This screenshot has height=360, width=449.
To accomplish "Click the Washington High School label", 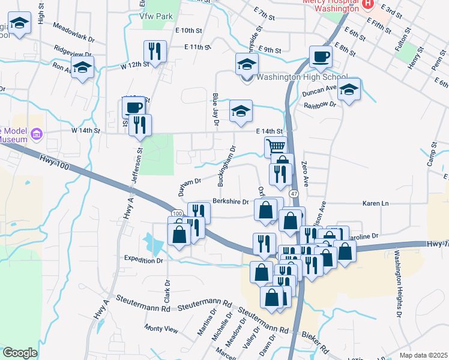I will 301,77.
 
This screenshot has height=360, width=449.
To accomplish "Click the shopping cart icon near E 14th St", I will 276,146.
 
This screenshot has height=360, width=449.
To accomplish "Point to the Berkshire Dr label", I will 231,202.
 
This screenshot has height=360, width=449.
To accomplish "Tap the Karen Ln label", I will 376,204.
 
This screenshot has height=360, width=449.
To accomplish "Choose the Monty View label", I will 161,329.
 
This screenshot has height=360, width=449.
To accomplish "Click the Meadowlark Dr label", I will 74,31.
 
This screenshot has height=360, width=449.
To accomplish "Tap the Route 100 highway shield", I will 176,214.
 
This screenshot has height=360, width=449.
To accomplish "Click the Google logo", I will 20,353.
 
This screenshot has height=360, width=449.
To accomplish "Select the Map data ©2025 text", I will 423,355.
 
